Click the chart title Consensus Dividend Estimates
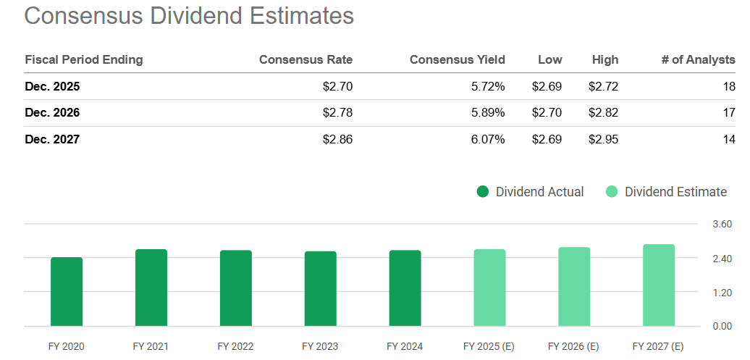click(189, 16)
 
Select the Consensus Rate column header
click(306, 59)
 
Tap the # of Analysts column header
click(698, 59)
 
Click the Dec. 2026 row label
click(52, 112)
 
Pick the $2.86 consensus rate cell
click(337, 139)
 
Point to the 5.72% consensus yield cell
click(487, 86)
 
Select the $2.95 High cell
click(603, 139)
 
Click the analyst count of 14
click(728, 139)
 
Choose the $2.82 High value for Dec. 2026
click(603, 112)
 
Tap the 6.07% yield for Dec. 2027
click(487, 139)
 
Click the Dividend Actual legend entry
click(530, 192)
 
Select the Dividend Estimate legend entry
click(666, 192)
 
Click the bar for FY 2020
click(67, 291)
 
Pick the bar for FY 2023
click(321, 288)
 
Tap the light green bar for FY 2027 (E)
click(659, 285)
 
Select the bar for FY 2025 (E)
click(489, 288)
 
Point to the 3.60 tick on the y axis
click(722, 225)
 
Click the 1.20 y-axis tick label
click(722, 292)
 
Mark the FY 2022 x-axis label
click(236, 346)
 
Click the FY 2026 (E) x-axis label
click(574, 346)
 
